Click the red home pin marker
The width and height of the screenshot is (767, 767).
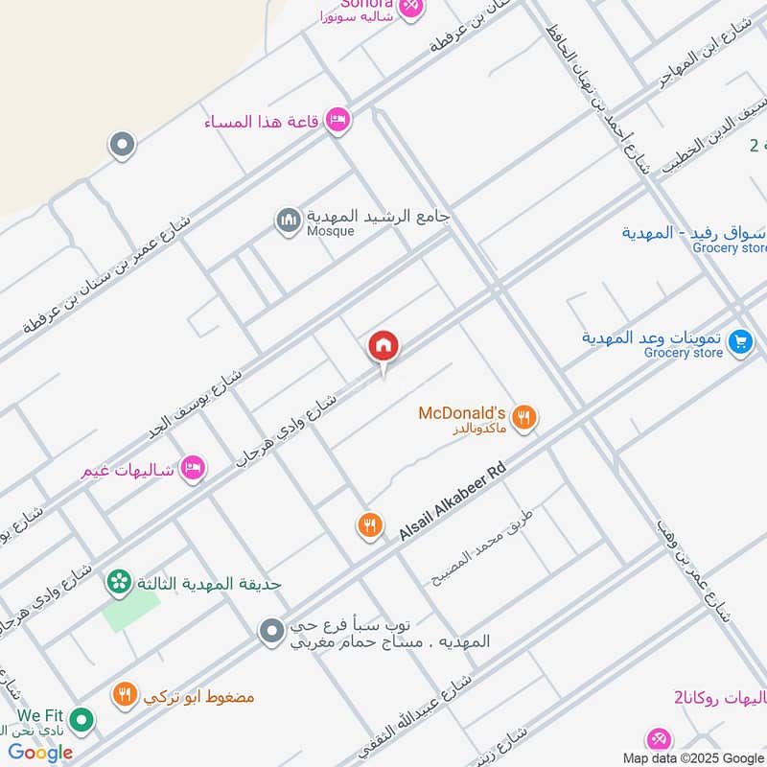point(383,347)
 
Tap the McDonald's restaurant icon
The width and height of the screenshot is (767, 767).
point(523,417)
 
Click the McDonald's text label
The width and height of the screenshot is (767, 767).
point(461,413)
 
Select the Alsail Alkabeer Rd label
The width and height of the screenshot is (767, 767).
point(451,504)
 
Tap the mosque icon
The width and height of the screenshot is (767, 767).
point(288,221)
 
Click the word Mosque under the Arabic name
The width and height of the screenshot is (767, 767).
point(330,231)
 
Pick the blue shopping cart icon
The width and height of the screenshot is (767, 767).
point(739,341)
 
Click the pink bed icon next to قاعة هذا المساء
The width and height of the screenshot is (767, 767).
point(337,120)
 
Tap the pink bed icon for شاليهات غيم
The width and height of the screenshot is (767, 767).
point(193,468)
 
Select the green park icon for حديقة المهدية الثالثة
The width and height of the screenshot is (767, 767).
point(119,581)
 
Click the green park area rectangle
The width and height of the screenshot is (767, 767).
point(130,610)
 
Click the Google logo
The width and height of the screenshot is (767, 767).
point(40,752)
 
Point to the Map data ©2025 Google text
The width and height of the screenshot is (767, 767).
point(692,757)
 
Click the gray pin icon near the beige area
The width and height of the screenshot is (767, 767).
point(121,146)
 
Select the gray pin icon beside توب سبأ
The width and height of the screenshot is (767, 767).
point(272,631)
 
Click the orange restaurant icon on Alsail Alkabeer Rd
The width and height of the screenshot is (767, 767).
point(370,525)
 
